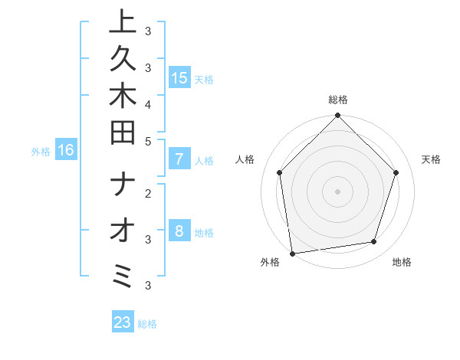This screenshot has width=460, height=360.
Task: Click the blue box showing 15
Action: pyautogui.click(x=179, y=78)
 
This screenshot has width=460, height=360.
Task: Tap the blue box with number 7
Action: pyautogui.click(x=179, y=160)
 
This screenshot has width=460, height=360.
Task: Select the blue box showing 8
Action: pyautogui.click(x=179, y=232)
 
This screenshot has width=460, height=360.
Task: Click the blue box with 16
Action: pyautogui.click(x=66, y=151)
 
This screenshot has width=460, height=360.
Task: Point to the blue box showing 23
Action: pyautogui.click(x=123, y=322)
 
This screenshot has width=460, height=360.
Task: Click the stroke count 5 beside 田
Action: pyautogui.click(x=148, y=140)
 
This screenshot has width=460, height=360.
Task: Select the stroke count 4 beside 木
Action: pyautogui.click(x=148, y=103)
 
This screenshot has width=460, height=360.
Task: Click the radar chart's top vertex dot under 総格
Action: pyautogui.click(x=337, y=116)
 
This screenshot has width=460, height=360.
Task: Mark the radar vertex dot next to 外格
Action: pyautogui.click(x=293, y=253)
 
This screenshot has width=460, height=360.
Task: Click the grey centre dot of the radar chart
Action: pyautogui.click(x=337, y=191)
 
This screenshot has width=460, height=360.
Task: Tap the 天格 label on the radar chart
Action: pyautogui.click(x=431, y=159)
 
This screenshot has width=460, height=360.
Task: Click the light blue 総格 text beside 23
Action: pyautogui.click(x=147, y=324)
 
